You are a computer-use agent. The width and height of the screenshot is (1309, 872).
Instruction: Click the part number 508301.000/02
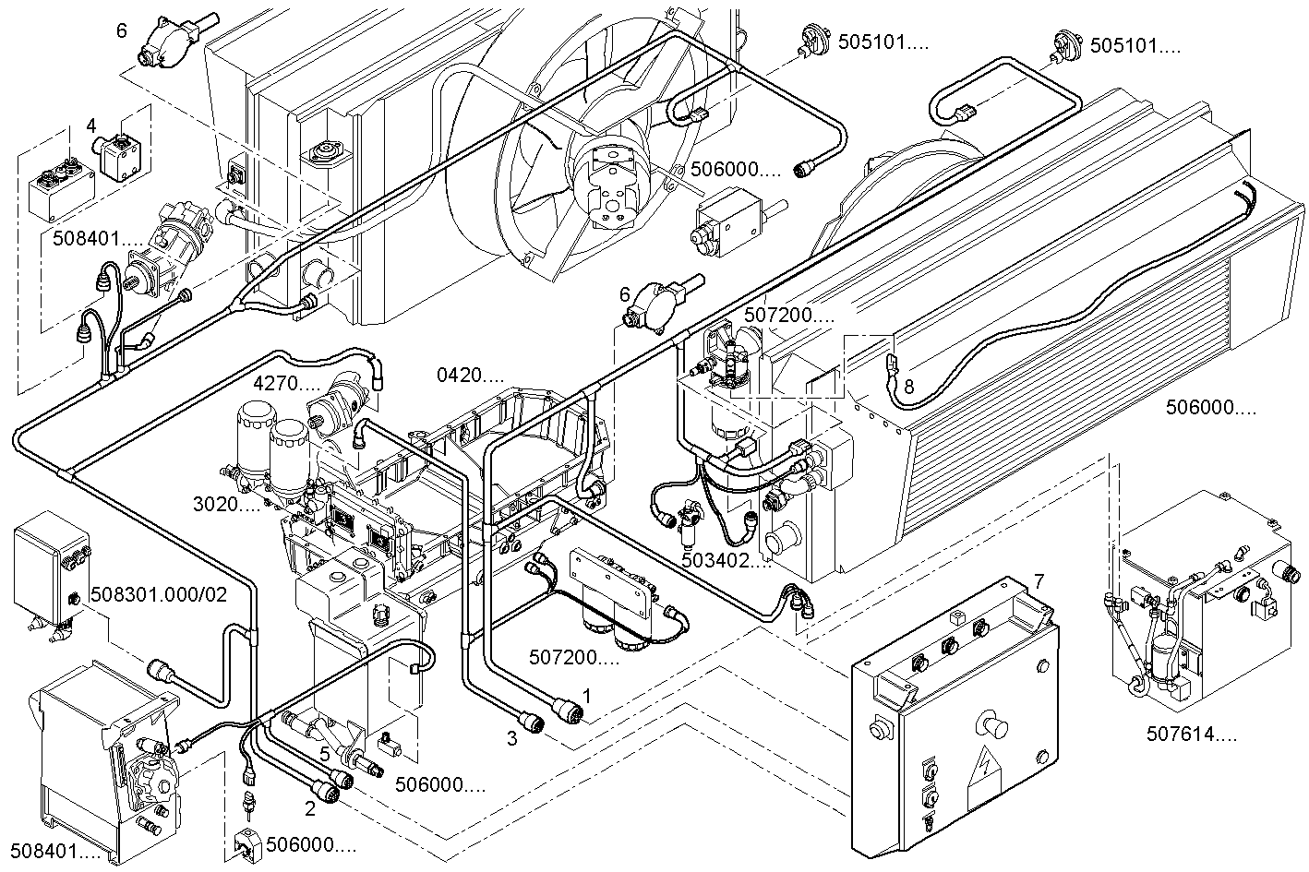click(x=159, y=592)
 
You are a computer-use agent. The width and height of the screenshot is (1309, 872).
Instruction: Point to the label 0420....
click(x=471, y=376)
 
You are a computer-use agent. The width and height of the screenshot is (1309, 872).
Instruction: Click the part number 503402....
click(x=727, y=559)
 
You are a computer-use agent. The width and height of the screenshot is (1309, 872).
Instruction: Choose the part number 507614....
click(x=1191, y=735)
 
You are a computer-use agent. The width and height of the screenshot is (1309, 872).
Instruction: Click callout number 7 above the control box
click(x=1039, y=581)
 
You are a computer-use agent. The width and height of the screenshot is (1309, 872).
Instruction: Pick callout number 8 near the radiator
click(x=908, y=388)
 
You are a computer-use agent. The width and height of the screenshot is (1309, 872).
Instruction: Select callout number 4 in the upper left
click(x=91, y=125)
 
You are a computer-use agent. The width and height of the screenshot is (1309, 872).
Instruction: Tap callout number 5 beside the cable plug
click(x=325, y=752)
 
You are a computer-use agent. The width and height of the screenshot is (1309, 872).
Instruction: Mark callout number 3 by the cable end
click(x=510, y=737)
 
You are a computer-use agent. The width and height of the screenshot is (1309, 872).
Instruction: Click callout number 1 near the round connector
click(x=584, y=691)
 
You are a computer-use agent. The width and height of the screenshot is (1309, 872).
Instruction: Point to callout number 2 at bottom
click(x=310, y=809)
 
